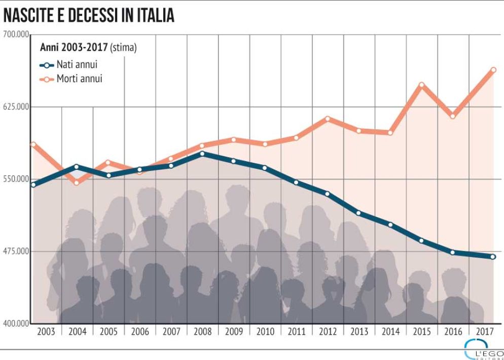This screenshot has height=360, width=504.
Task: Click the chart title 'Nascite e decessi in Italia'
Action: [89, 15]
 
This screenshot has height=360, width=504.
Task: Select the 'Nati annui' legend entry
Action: [71, 65]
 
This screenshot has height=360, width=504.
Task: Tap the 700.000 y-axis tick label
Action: [15, 34]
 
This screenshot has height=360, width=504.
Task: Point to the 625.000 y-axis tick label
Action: [15, 106]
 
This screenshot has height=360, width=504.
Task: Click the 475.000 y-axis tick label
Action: [15, 251]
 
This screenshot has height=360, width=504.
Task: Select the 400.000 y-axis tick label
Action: [15, 323]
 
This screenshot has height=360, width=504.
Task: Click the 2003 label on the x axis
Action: [46, 332]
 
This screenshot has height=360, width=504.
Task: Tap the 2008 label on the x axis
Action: [203, 332]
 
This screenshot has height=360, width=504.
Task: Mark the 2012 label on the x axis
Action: [328, 332]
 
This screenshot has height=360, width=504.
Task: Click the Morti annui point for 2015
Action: [421, 85]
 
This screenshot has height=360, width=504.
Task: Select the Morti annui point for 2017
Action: [493, 70]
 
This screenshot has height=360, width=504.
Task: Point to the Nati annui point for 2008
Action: [202, 154]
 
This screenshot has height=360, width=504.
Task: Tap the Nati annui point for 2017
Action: [493, 257]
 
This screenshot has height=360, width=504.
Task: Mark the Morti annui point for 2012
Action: [328, 119]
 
